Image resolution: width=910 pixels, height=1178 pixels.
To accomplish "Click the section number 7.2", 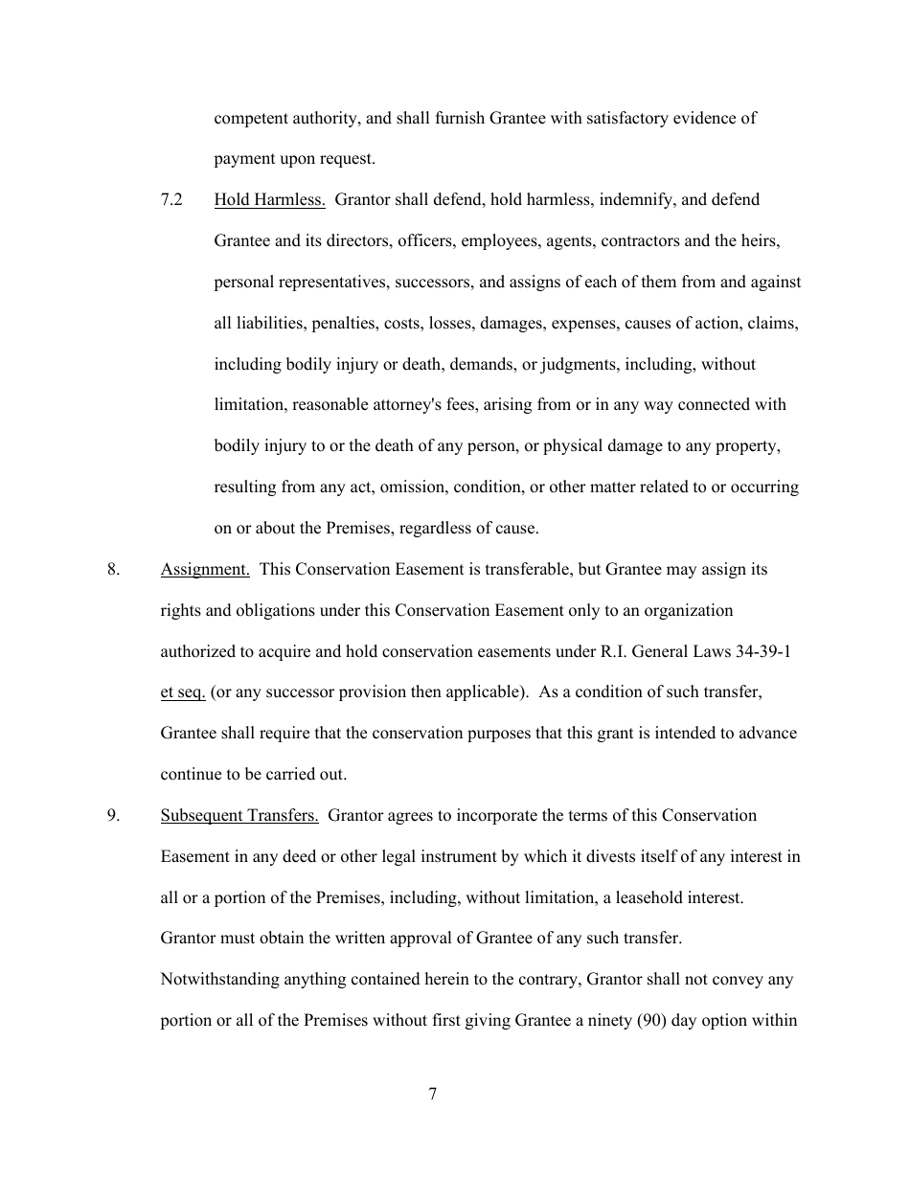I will coord(172,200).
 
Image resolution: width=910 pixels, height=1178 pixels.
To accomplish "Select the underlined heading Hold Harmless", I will coord(269,200).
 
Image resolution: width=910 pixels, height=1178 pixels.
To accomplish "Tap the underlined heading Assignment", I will coord(205,570).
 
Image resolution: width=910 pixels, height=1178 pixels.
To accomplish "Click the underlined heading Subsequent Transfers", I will coord(239,816).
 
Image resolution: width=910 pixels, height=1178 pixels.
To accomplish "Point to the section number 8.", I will coord(114,570).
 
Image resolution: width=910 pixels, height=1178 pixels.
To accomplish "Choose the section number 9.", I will coord(114,816).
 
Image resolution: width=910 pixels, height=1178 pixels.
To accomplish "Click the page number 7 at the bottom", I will coord(433,1095).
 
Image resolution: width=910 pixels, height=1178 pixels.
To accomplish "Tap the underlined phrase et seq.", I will coord(182,692).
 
